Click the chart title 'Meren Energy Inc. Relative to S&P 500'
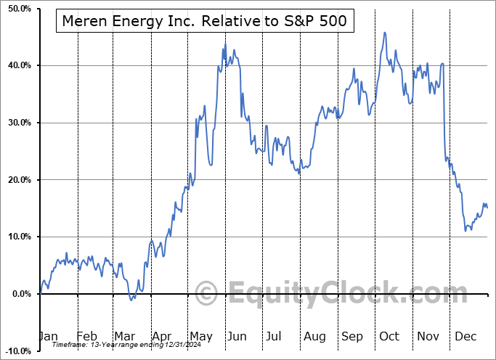pos(204,21)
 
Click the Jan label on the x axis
pos(48,336)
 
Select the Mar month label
pos(124,336)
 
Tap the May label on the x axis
pos(200,336)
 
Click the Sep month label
pos(352,336)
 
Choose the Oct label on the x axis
pos(389,336)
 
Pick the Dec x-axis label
pos(465,336)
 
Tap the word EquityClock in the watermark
pos(338,294)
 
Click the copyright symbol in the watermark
pos(207,294)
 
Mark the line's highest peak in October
pos(384,33)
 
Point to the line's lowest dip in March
pos(131,299)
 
